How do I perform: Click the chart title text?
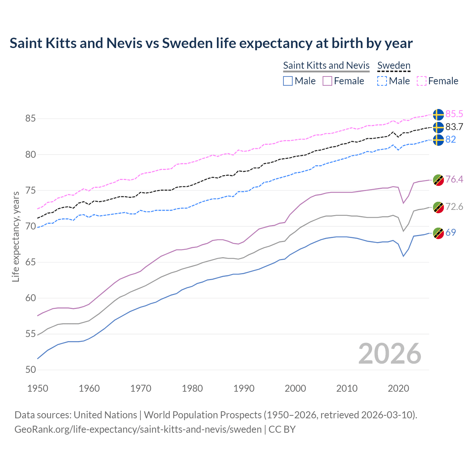click(211, 43)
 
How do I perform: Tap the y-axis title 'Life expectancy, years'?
click(16, 236)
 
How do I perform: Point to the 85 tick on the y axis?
click(30, 119)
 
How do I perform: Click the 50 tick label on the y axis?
click(30, 370)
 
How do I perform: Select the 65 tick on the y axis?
click(30, 262)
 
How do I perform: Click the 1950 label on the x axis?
click(38, 388)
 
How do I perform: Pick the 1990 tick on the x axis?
click(244, 388)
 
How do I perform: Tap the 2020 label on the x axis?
click(398, 388)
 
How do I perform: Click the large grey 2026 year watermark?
click(390, 354)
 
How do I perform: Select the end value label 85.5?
click(454, 114)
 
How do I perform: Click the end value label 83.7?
click(454, 127)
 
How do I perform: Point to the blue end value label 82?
click(450, 139)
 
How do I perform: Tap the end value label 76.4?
click(454, 179)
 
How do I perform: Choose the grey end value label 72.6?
click(454, 207)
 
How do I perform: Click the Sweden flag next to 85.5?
click(438, 115)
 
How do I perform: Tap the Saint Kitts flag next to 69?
click(438, 233)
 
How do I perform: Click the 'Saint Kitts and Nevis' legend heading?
click(326, 65)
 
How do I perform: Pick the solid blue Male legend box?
click(288, 81)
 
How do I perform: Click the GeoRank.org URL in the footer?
click(138, 429)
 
